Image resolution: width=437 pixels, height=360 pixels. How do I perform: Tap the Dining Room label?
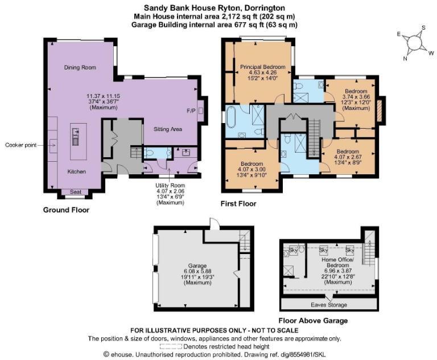80,67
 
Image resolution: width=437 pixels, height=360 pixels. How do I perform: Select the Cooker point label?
22,145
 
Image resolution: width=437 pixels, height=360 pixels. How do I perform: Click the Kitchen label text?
76,171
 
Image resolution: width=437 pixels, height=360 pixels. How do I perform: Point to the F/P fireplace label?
191,110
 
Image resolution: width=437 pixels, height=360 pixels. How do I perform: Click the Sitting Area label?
168,129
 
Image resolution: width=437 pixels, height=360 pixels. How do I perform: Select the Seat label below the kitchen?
75,193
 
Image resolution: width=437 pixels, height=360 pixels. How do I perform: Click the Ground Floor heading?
66,210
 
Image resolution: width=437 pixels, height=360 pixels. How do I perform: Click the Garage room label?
193,265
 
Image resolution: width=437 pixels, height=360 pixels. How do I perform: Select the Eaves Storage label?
331,304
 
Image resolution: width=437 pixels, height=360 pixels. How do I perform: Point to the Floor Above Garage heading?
313,321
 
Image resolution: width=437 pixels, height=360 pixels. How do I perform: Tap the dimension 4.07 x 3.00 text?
251,170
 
